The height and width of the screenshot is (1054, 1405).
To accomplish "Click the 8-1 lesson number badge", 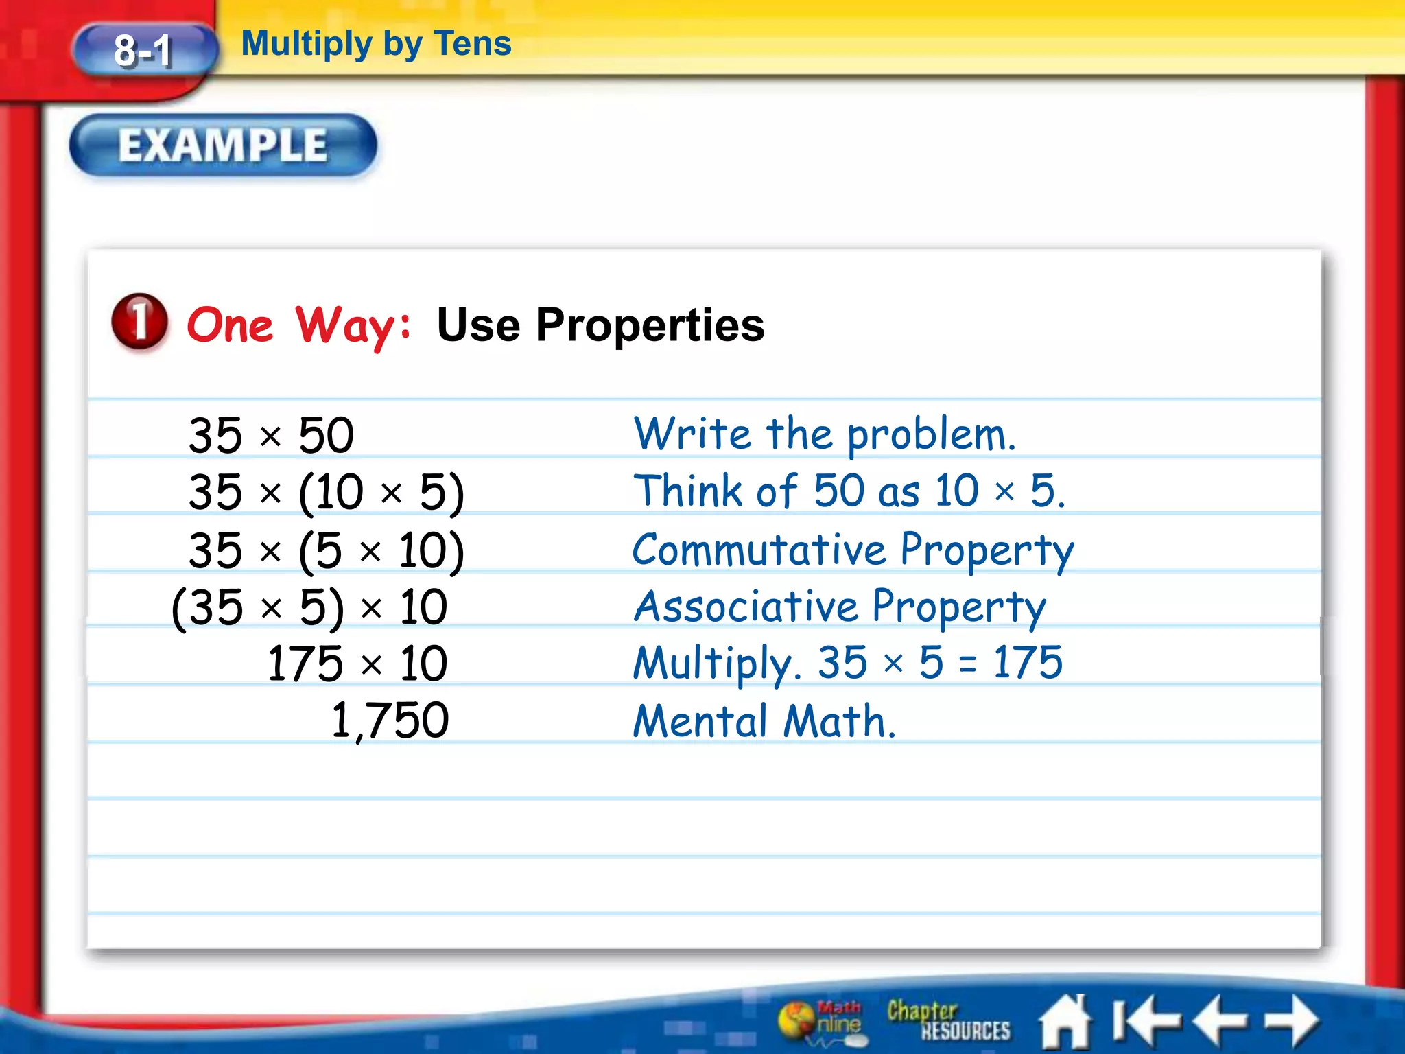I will click(x=143, y=50).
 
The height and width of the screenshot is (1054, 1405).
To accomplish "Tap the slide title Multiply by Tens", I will click(x=376, y=43).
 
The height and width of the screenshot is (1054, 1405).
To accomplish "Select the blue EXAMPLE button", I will click(x=223, y=145).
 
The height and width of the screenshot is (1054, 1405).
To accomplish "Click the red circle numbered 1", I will click(x=139, y=321).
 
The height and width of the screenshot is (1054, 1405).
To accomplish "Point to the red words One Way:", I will click(x=299, y=325).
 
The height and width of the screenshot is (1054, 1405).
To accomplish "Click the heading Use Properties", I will click(x=600, y=325).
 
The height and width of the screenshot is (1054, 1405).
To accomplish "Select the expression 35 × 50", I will click(x=271, y=435).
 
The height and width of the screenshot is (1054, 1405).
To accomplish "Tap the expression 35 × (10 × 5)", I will click(x=327, y=492).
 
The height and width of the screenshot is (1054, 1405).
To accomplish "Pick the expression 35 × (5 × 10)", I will click(x=327, y=550).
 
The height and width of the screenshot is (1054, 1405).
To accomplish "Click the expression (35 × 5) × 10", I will click(x=309, y=608).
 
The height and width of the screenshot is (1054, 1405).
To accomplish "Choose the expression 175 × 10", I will click(x=357, y=664).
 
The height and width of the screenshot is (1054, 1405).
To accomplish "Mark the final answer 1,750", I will click(x=390, y=721).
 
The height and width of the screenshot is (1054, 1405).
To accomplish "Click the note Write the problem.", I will click(x=824, y=435).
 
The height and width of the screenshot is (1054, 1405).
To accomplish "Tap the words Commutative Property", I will click(x=853, y=550).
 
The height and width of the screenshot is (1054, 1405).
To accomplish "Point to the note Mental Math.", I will click(x=764, y=721).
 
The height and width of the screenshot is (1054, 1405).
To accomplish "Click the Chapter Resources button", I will click(x=948, y=1020).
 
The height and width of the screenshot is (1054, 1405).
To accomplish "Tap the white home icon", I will click(x=1065, y=1021).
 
